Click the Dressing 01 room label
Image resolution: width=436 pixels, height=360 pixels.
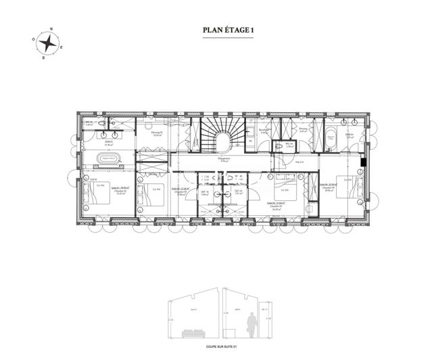[x=157, y=134]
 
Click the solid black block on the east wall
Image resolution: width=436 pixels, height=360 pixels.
[x=363, y=162]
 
